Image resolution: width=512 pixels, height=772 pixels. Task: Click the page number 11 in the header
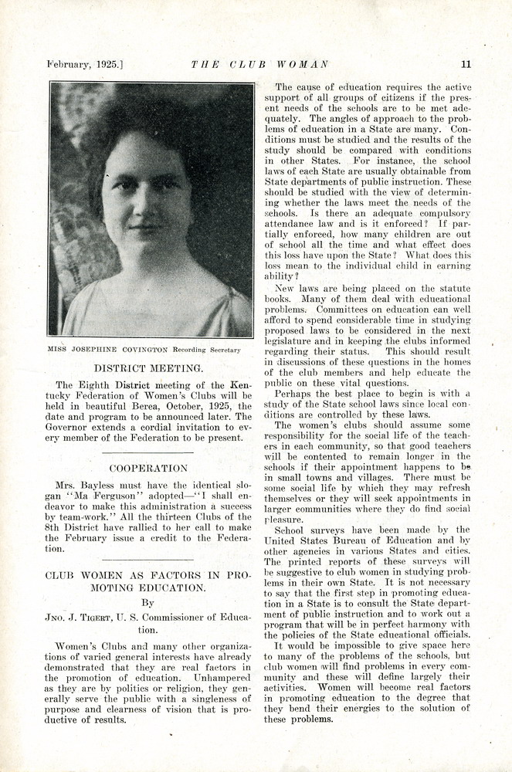point(466,64)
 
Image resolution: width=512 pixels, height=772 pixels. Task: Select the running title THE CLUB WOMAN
point(259,64)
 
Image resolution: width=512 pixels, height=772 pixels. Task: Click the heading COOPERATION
point(147,468)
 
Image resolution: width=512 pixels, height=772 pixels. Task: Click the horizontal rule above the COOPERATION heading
point(147,452)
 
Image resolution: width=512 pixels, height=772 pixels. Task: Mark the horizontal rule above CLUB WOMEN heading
point(147,559)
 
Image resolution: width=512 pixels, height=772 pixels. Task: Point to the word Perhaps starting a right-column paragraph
point(294,393)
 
